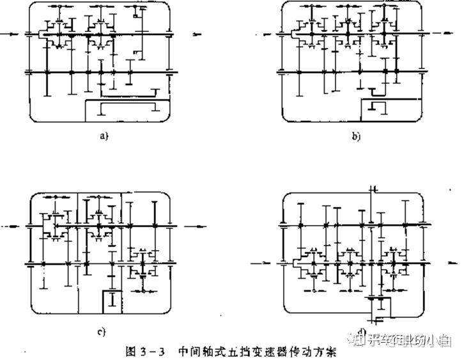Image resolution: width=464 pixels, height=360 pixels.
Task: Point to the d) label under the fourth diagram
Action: tap(362, 331)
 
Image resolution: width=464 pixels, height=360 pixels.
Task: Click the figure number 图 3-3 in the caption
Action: tap(150, 351)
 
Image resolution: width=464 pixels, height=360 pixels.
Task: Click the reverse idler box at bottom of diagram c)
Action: tap(112, 301)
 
